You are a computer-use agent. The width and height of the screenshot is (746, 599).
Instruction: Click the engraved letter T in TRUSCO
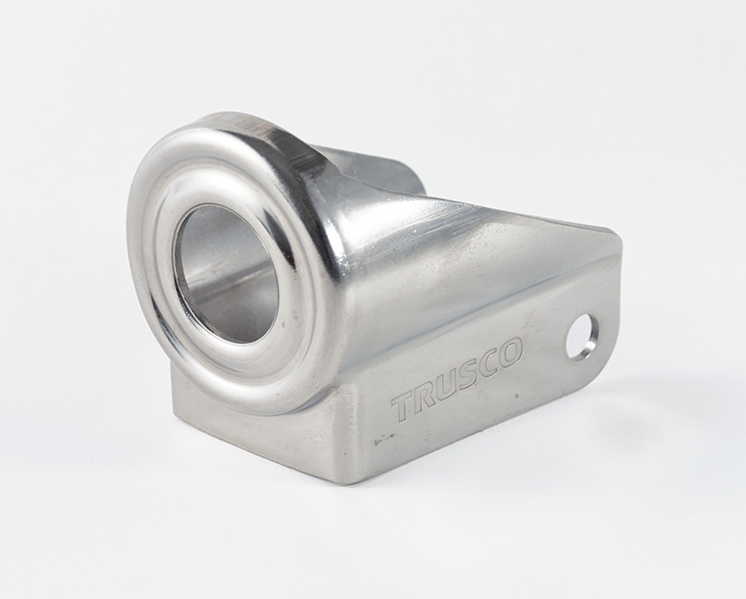pyautogui.click(x=405, y=407)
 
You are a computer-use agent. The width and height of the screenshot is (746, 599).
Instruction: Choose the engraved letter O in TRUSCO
pyautogui.click(x=511, y=354)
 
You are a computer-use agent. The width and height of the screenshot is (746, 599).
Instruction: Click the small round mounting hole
pyautogui.click(x=582, y=337)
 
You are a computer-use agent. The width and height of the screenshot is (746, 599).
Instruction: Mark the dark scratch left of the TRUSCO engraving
pyautogui.click(x=385, y=438)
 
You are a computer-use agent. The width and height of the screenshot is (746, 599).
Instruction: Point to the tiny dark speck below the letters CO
pyautogui.click(x=517, y=396)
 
